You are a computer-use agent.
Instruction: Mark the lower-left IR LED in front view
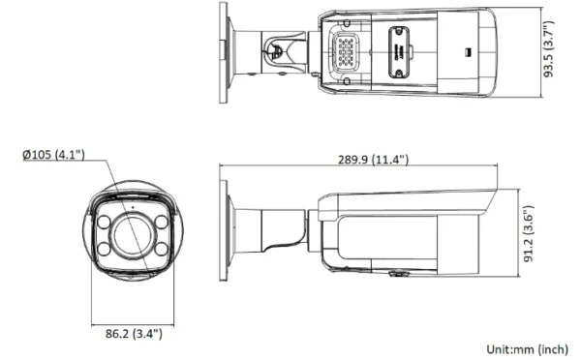[105, 248]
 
